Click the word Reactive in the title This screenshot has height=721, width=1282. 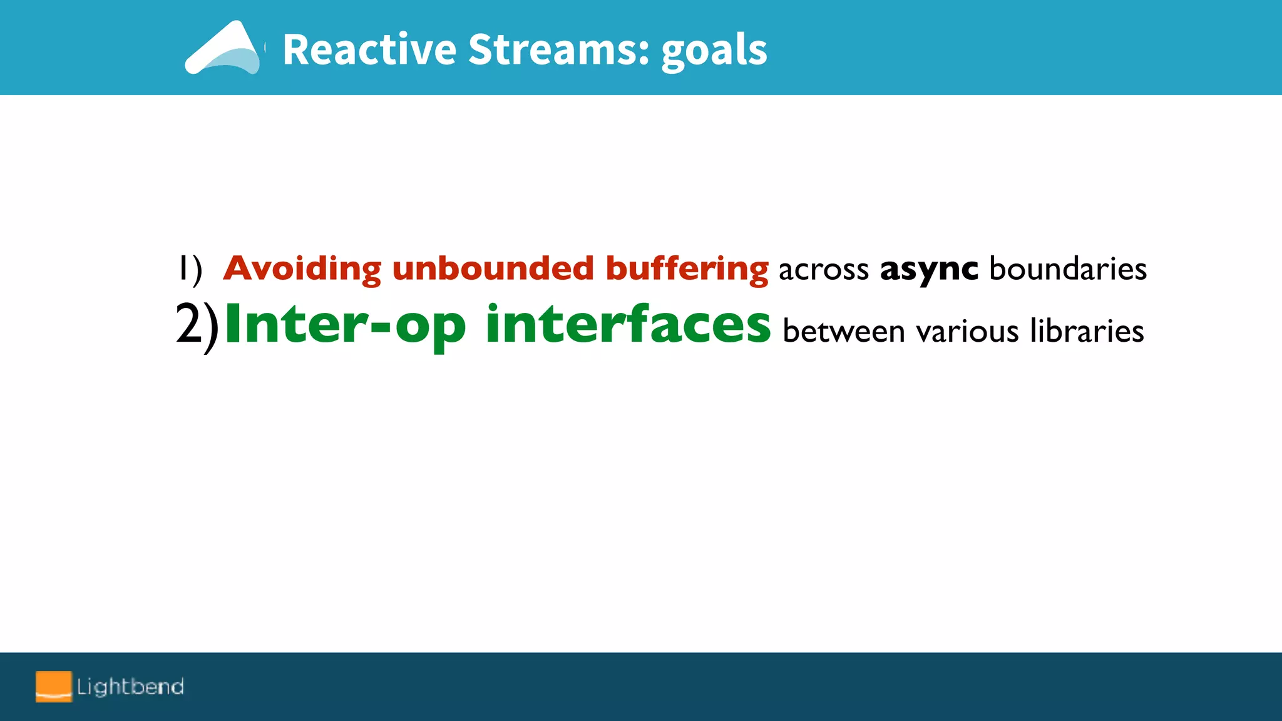369,49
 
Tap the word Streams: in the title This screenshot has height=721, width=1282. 559,49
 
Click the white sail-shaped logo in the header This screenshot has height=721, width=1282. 223,49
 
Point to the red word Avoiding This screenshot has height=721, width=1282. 302,268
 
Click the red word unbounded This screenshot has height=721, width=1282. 493,268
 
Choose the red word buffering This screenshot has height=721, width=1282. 687,268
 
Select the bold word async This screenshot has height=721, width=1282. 928,269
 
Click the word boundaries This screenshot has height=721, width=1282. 1068,268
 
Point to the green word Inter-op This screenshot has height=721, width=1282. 345,325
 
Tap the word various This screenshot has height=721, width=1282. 967,331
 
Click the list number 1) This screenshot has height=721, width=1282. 190,269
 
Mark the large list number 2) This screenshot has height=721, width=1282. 197,325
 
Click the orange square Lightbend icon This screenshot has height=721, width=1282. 53,686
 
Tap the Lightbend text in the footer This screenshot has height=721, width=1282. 130,687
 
